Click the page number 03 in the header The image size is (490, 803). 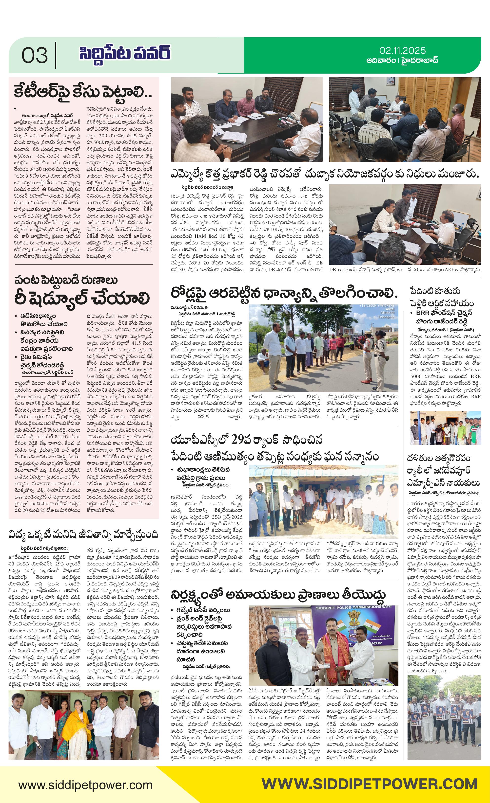pos(35,55)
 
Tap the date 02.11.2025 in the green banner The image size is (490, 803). pos(402,51)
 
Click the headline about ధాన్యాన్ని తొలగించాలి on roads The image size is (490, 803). pos(284,293)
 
